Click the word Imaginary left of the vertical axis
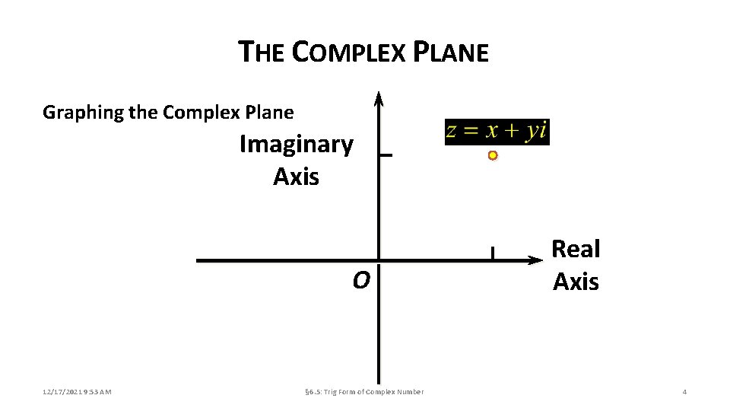point(296,144)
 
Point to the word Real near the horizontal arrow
point(576,249)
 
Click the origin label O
point(360,281)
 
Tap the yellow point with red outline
point(493,155)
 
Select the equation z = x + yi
point(497,131)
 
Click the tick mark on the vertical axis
point(386,155)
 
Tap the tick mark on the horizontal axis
point(493,253)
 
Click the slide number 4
point(684,392)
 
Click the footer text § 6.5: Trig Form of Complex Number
point(363,392)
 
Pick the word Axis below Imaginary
point(296,177)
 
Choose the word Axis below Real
point(576,282)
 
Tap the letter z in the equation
point(451,131)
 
